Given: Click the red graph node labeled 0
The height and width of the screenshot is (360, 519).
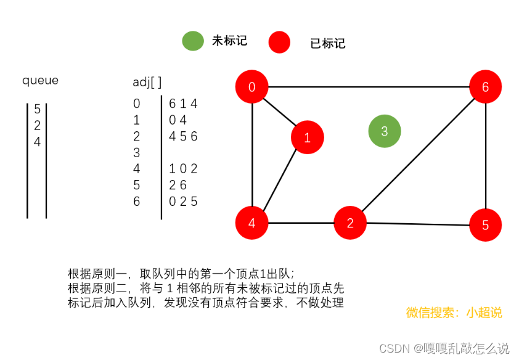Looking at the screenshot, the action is pos(251,87).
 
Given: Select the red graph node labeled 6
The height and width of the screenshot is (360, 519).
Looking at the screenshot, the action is pos(485,87).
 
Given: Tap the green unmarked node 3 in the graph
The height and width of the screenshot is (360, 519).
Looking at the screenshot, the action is pos(385,131).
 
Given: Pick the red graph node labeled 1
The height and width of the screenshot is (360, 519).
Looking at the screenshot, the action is pos(307,137).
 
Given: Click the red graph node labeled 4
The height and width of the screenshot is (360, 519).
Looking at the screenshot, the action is pos(251,223).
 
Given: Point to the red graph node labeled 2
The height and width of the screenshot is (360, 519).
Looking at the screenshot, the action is pos(350,223).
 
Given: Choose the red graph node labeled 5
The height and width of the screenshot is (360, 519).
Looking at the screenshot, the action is pos(485,225).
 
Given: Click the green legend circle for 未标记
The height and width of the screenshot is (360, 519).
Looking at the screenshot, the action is pos(193,41).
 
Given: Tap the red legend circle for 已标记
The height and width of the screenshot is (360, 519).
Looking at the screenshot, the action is pos(279,43).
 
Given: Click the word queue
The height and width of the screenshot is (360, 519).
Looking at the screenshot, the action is pos(41,80).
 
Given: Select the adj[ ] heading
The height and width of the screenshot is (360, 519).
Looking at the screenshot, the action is pos(147,82).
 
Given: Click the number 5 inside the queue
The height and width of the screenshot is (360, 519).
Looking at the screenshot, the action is pos(37,109).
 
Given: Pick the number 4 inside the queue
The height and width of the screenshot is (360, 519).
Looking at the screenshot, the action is pos(37,142).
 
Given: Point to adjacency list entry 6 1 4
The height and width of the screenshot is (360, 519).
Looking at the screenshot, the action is pos(183,104).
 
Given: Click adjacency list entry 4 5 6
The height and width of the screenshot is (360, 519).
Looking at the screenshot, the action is pos(183,136).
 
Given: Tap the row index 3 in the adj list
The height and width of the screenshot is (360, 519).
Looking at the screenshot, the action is pos(137,152).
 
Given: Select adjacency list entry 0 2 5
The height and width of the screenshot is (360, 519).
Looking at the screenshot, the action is pos(183,201).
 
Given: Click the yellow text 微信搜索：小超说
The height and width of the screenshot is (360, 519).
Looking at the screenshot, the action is pos(454,313).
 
